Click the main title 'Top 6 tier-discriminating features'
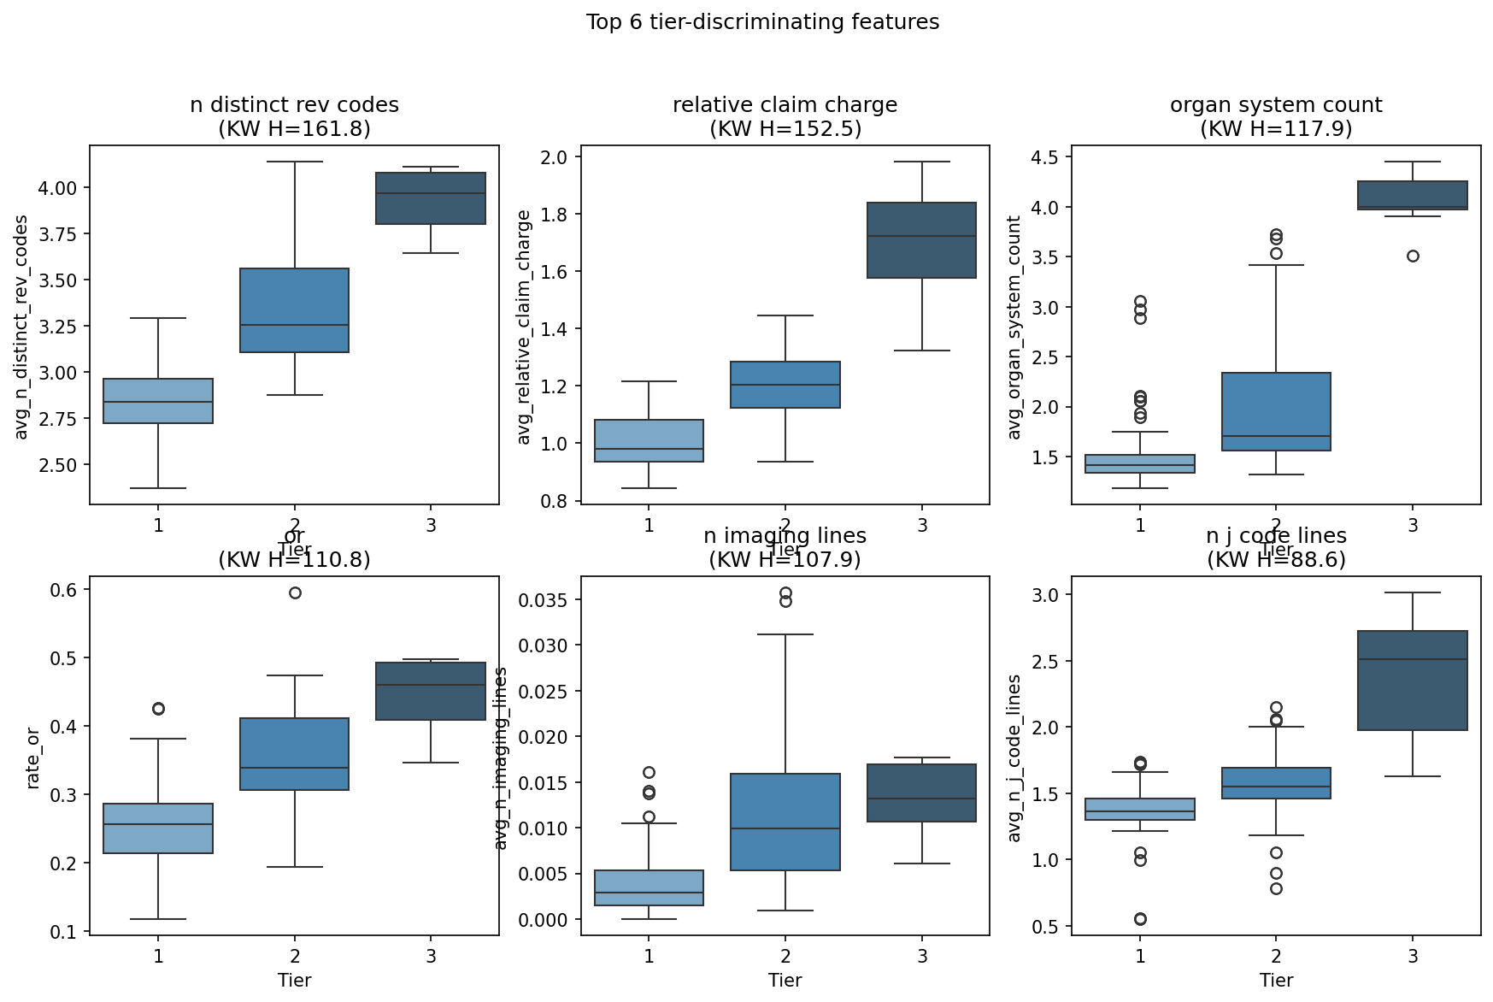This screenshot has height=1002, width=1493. point(762,22)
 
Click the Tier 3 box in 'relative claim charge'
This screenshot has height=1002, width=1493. point(921,240)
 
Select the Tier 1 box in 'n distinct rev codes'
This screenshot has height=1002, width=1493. point(158,401)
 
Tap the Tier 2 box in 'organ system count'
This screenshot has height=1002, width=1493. point(1275,411)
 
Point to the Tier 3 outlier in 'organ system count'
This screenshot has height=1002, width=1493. point(1413,256)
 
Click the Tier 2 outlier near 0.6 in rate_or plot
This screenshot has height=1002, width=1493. point(295,592)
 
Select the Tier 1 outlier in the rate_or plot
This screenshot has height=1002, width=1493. point(158,709)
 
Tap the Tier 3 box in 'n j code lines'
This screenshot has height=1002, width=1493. point(1413,681)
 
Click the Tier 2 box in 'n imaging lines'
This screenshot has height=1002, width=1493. point(785,822)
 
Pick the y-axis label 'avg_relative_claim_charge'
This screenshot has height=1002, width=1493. point(524,327)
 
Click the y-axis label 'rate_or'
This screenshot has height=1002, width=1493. point(33,757)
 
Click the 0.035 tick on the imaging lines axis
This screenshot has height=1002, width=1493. point(540,599)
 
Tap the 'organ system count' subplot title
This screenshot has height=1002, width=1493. point(1275,105)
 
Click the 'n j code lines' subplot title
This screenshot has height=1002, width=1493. point(1275,536)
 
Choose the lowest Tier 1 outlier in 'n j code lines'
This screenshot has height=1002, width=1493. point(1140,919)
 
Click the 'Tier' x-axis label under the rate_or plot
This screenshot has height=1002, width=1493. point(295,980)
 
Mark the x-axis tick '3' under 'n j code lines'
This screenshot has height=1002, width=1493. point(1413,956)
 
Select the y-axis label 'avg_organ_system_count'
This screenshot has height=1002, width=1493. point(1014,327)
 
